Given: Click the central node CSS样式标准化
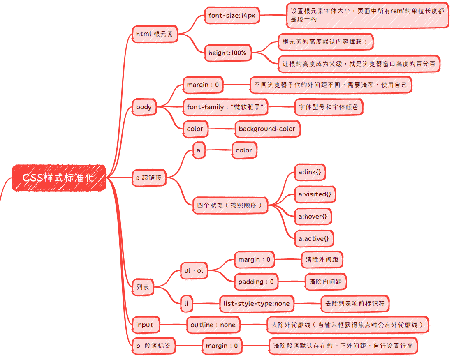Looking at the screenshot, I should [x=59, y=178].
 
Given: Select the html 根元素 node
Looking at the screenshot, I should [x=155, y=34].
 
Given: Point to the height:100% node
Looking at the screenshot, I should [x=227, y=53].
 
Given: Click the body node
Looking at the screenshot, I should [x=144, y=107].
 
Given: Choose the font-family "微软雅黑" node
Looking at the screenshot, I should [x=225, y=107].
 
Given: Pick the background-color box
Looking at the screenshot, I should [x=267, y=129].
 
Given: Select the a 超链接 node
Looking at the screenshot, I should [x=149, y=178].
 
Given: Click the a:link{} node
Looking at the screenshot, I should [x=310, y=172].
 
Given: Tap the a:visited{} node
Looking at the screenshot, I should [x=315, y=194].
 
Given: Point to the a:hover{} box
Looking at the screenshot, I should [x=313, y=216].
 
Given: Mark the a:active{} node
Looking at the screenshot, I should [x=314, y=238].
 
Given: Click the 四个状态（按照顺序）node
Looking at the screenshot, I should [x=230, y=205].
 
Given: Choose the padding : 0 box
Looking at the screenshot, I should [x=256, y=282].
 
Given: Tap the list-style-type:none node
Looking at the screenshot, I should [x=257, y=304].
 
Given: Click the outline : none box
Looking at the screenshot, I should [x=213, y=325].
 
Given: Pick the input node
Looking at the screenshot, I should [x=145, y=325].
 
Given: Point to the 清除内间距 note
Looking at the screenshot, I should [x=326, y=282].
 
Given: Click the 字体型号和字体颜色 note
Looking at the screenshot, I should [x=329, y=107].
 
